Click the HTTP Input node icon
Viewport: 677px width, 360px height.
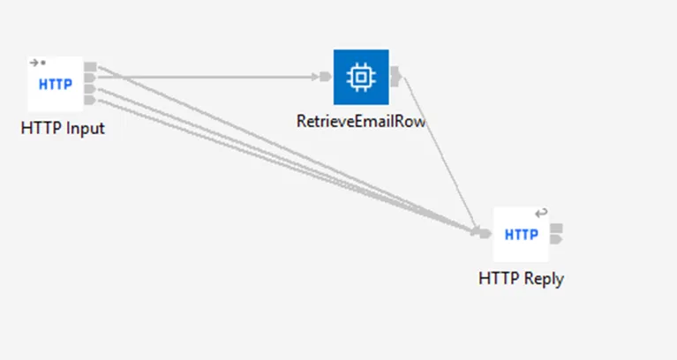click(x=56, y=84)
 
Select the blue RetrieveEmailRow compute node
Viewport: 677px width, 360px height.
click(x=361, y=78)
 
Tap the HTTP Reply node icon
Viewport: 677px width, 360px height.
click(x=521, y=235)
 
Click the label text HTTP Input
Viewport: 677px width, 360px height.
click(x=63, y=129)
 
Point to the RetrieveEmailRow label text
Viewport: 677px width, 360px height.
click(x=361, y=121)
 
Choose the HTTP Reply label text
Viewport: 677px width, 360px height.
click(x=521, y=279)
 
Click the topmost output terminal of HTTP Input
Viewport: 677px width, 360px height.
click(x=90, y=66)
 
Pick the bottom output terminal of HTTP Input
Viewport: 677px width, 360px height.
click(x=90, y=100)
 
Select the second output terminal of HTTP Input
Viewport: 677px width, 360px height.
click(x=90, y=78)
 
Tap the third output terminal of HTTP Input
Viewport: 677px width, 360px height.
click(x=90, y=89)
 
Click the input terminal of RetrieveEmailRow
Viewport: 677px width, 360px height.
click(x=326, y=77)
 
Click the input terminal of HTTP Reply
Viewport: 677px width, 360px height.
click(x=485, y=234)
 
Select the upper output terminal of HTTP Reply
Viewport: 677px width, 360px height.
click(x=557, y=228)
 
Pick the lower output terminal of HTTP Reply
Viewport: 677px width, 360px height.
click(x=557, y=239)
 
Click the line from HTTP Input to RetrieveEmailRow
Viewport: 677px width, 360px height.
click(x=208, y=78)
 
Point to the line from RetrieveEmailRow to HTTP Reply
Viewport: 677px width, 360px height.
click(x=440, y=154)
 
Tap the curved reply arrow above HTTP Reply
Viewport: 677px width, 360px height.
click(x=541, y=213)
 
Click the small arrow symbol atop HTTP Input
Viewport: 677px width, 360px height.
click(x=34, y=63)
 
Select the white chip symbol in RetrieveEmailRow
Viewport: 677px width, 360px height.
click(x=361, y=78)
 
